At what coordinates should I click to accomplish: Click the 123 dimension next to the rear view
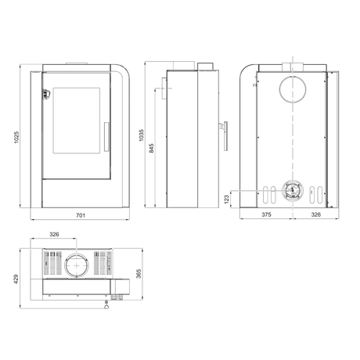point(228,200)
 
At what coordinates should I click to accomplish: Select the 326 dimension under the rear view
point(315,214)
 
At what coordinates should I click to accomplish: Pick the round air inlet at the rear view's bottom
point(290,190)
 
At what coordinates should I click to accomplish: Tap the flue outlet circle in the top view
point(77,264)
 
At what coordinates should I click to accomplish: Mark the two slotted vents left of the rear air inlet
point(269,192)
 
